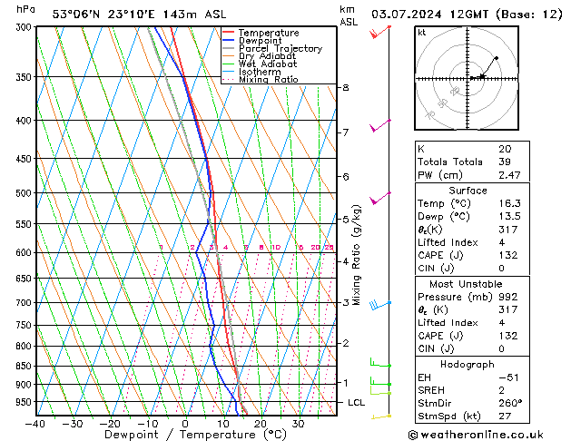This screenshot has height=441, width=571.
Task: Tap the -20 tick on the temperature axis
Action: (110, 423)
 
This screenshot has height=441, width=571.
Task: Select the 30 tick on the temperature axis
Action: (298, 423)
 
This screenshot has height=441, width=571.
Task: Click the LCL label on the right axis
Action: (357, 402)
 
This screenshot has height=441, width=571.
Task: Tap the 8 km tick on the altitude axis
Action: (345, 87)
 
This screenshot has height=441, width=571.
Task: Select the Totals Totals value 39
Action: (504, 162)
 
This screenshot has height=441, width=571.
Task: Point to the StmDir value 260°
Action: (510, 403)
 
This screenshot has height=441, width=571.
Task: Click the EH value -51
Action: (507, 377)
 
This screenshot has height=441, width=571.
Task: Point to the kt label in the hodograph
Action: (421, 33)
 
